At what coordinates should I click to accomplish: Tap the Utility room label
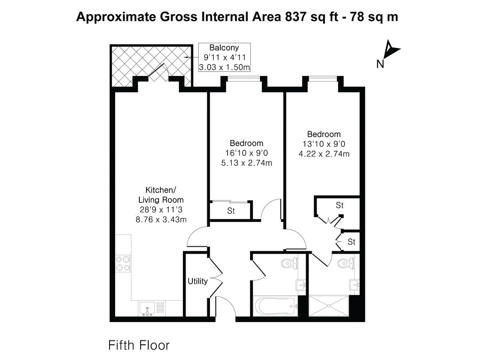[198, 282]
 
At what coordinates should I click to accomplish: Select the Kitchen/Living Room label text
[161, 194]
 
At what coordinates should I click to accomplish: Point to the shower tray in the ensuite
[329, 306]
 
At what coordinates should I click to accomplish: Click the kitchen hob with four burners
[123, 264]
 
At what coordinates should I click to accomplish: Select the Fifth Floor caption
[139, 345]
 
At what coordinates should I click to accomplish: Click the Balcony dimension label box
[224, 57]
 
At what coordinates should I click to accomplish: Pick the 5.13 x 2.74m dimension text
[246, 163]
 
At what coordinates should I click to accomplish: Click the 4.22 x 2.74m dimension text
[324, 154]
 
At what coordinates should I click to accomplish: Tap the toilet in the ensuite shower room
[344, 263]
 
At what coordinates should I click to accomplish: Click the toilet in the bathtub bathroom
[288, 263]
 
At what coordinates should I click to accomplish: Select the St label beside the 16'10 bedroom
[231, 211]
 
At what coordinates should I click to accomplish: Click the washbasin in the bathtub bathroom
[301, 285]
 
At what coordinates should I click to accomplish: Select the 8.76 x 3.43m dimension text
[161, 219]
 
